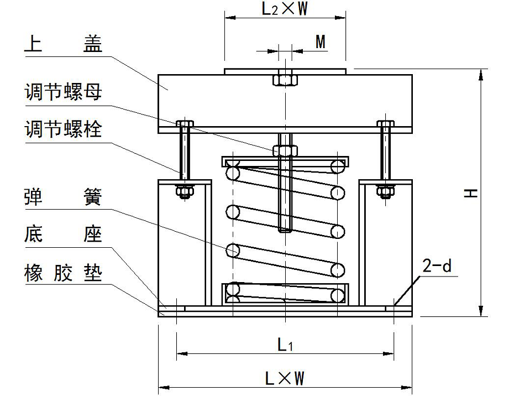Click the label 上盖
click(x=63, y=45)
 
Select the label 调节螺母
click(x=63, y=92)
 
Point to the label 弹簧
click(x=63, y=196)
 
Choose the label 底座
click(x=63, y=235)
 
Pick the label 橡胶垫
click(x=63, y=273)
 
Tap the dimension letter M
click(x=320, y=42)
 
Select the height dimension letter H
click(x=471, y=192)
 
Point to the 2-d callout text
click(x=437, y=268)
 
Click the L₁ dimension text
click(x=285, y=346)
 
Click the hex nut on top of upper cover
click(x=285, y=79)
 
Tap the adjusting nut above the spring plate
click(x=285, y=150)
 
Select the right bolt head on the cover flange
click(x=385, y=123)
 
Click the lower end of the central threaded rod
click(x=285, y=228)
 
